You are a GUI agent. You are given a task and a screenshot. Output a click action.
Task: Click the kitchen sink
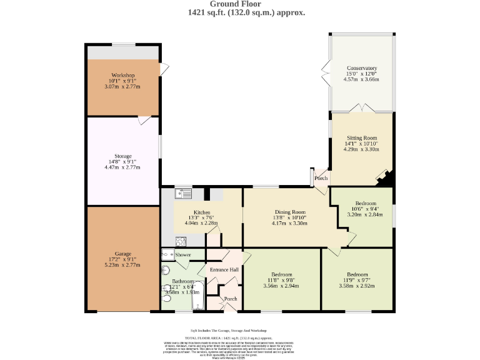(x=183, y=194)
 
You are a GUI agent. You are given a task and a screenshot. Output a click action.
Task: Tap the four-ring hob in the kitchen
(x=181, y=241)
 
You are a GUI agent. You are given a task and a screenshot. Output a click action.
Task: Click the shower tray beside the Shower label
(x=167, y=254)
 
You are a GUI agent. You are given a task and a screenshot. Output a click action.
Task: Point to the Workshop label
(x=123, y=76)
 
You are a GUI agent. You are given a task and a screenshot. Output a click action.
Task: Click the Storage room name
(x=123, y=156)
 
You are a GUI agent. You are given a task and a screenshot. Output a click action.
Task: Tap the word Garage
(x=123, y=254)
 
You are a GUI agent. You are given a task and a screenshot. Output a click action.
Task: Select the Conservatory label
(x=362, y=68)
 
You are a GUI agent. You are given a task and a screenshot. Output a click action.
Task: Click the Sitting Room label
(x=362, y=138)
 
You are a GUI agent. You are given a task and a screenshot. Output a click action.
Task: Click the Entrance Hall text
(x=224, y=269)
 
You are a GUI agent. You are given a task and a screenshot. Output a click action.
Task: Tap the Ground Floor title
(x=240, y=4)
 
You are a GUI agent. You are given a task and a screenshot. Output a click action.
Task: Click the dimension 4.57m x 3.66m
(x=362, y=80)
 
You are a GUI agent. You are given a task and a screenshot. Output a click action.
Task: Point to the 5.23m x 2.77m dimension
(x=123, y=266)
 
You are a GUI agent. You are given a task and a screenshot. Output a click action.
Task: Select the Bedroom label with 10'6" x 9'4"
(x=366, y=204)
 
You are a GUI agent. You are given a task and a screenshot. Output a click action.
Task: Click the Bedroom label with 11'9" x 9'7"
(x=357, y=274)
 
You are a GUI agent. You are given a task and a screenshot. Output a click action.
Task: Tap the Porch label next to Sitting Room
(x=321, y=178)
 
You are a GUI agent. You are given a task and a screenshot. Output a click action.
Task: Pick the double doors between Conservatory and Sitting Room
(x=362, y=110)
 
